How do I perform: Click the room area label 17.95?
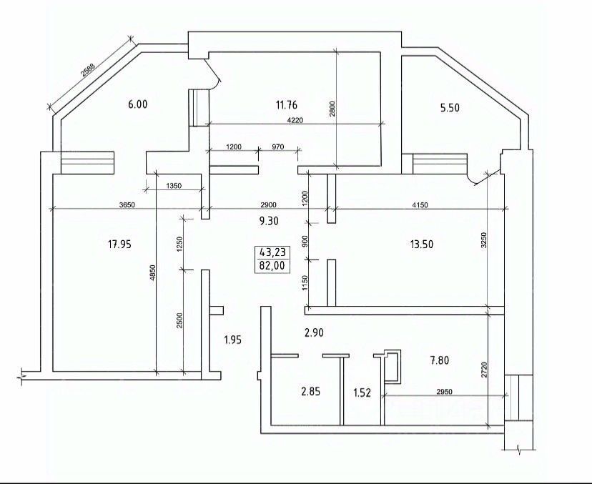(x=119, y=245)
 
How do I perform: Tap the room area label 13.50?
(x=422, y=245)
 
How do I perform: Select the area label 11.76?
(x=287, y=104)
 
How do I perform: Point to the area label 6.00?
(x=138, y=104)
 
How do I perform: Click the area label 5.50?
(x=450, y=108)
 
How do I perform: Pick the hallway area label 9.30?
(x=269, y=220)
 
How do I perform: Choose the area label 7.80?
(x=440, y=360)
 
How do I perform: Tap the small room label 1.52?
(x=362, y=393)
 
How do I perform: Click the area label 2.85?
(x=311, y=392)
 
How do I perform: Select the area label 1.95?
(x=232, y=340)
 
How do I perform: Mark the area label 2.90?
(x=314, y=333)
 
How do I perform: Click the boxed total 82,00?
(x=272, y=266)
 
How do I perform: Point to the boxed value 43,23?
(x=272, y=252)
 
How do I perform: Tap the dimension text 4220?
(x=295, y=120)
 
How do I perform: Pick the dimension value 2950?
(x=444, y=392)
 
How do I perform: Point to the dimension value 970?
(x=277, y=147)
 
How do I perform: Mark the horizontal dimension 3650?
(x=127, y=205)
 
